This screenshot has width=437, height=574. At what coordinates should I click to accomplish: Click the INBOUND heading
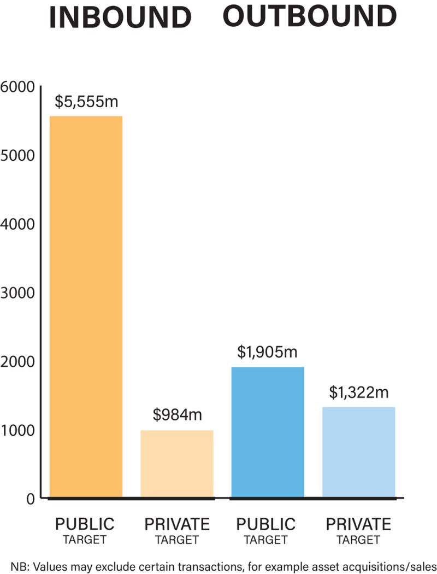coord(120,17)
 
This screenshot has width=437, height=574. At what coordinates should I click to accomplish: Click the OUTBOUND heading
coord(309,16)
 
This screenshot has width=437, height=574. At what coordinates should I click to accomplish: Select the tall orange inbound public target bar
coord(86,306)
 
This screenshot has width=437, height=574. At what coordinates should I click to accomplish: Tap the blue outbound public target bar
coord(268,432)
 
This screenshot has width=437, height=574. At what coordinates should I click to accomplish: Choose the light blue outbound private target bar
coord(358,452)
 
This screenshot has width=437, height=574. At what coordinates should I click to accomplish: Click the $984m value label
coord(177,415)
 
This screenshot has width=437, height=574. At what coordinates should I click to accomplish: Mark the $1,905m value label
coord(267,352)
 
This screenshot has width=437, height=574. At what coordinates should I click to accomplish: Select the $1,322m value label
coord(358,392)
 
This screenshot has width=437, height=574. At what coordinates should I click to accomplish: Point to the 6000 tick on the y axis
coord(17,87)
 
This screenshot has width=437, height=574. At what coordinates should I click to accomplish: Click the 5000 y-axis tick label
coord(17,156)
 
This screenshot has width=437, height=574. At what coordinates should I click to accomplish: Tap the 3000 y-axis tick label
coord(17,293)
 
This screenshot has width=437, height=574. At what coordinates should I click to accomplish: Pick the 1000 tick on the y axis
coord(17,430)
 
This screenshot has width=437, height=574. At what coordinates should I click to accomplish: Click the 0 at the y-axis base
coord(29,499)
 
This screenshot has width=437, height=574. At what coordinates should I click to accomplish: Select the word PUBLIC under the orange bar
coord(85,524)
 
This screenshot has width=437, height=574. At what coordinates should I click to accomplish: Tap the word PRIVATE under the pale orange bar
coord(177,524)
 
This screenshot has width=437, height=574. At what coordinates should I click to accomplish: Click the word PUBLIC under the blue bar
coord(266,524)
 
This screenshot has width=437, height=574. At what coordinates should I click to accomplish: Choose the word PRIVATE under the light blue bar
coord(358,524)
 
